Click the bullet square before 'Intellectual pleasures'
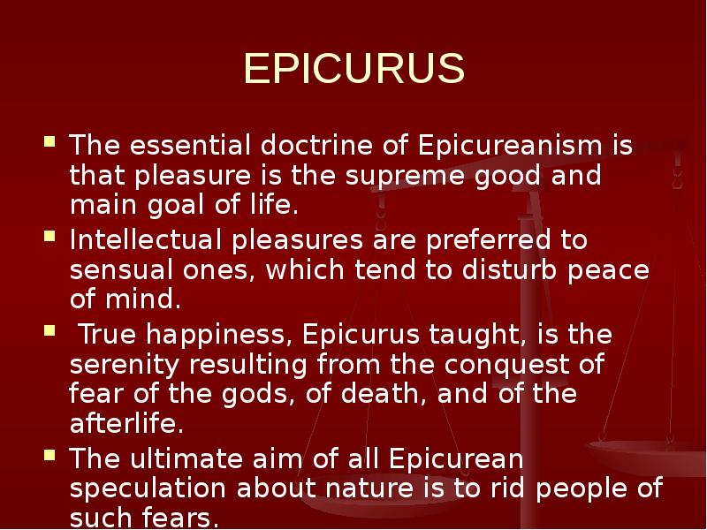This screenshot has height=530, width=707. click(x=51, y=237)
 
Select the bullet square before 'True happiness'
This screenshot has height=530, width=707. click(x=51, y=333)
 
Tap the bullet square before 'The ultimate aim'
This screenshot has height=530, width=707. click(x=51, y=457)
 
